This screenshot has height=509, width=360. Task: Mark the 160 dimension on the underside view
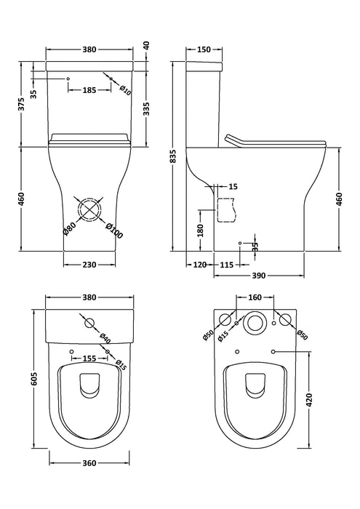(x=255, y=297)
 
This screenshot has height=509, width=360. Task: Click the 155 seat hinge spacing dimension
(x=89, y=358)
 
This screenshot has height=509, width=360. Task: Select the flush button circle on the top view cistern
(x=89, y=321)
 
